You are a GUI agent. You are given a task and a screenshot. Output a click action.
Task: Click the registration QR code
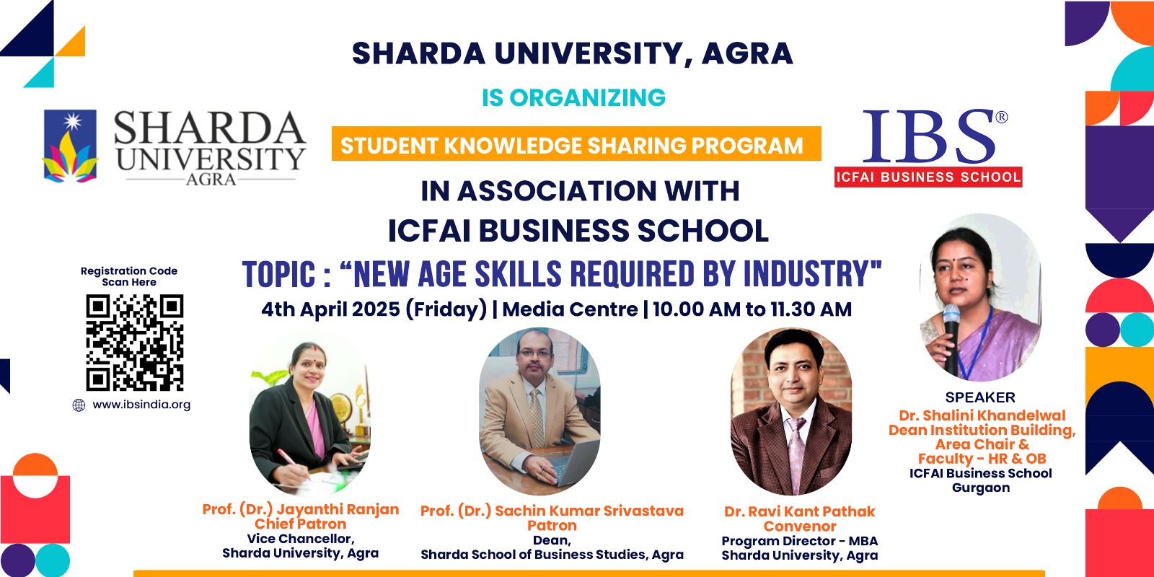tap(134, 343)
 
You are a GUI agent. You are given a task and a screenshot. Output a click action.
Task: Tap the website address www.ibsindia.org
tap(141, 405)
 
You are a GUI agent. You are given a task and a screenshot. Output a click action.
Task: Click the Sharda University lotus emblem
tap(70, 146)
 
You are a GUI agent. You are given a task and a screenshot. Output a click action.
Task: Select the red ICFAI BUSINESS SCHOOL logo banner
tap(928, 177)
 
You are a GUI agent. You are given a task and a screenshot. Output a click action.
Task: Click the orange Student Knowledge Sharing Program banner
tap(576, 144)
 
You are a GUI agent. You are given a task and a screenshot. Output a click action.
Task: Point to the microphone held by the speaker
tap(951, 338)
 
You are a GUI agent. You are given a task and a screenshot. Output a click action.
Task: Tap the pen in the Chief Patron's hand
tap(293, 463)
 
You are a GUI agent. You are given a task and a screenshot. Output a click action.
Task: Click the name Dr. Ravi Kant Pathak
tap(800, 511)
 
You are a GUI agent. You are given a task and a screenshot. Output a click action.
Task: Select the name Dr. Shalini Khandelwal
tap(982, 415)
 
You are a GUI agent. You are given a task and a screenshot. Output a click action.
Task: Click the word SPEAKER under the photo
tap(980, 397)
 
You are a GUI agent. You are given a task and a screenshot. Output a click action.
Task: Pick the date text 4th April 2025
tap(331, 309)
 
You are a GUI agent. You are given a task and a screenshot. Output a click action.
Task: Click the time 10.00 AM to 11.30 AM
tap(752, 309)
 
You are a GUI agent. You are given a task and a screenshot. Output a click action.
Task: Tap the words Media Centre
tap(570, 309)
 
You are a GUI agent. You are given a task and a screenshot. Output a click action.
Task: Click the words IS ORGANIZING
tap(574, 97)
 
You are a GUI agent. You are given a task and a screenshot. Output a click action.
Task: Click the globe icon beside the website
tap(79, 405)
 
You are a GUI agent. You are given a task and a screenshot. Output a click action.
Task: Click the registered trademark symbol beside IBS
tap(1002, 118)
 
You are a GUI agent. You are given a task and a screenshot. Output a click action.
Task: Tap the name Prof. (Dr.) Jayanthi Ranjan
tap(300, 509)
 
